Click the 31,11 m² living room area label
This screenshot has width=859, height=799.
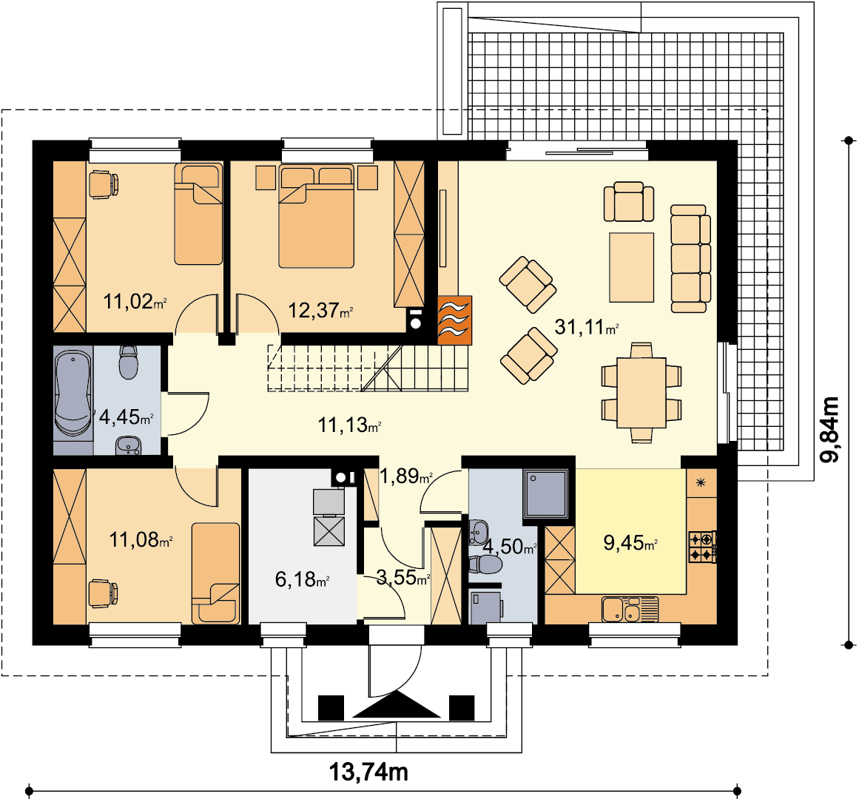pyautogui.click(x=587, y=327)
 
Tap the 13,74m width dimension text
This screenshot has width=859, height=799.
pyautogui.click(x=368, y=772)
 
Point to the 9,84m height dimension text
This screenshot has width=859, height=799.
pyautogui.click(x=829, y=429)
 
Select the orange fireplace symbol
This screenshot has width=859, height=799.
pyautogui.click(x=455, y=320)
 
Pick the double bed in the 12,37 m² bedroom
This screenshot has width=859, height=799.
pyautogui.click(x=317, y=216)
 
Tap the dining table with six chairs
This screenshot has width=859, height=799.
pyautogui.click(x=641, y=392)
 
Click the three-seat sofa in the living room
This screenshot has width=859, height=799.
pyautogui.click(x=690, y=258)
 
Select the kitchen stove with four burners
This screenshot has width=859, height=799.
pyautogui.click(x=702, y=547)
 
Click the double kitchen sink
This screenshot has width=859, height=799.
pyautogui.click(x=630, y=610)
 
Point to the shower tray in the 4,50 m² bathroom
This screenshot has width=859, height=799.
pyautogui.click(x=545, y=493)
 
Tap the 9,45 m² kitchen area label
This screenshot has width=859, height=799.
pyautogui.click(x=630, y=543)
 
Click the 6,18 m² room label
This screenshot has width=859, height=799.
pyautogui.click(x=302, y=579)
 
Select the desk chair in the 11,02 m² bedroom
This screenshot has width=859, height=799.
pyautogui.click(x=103, y=184)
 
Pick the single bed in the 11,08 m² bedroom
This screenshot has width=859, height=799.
pyautogui.click(x=216, y=573)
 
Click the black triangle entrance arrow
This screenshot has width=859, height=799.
pyautogui.click(x=397, y=704)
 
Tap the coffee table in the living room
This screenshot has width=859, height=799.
pyautogui.click(x=632, y=267)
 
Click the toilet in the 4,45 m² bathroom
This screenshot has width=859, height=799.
pyautogui.click(x=129, y=362)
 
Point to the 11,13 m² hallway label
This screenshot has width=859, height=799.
pyautogui.click(x=349, y=425)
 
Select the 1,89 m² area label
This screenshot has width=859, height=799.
pyautogui.click(x=406, y=476)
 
